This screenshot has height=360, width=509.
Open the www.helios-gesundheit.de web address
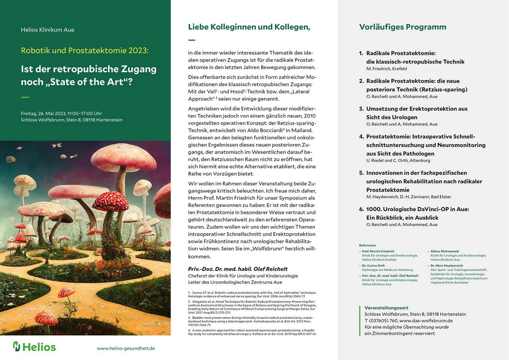click(126, 348)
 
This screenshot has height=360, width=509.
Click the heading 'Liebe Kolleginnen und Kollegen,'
click(249, 27)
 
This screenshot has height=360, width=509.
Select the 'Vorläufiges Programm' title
click(402, 27)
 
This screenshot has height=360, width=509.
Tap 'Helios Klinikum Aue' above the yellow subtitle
click(48, 30)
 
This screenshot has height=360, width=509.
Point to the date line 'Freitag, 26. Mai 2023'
click(61, 114)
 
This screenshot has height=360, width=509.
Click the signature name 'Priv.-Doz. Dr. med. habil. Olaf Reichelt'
click(238, 269)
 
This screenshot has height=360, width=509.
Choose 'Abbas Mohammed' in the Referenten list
click(445, 252)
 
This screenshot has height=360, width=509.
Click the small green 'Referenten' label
click(367, 245)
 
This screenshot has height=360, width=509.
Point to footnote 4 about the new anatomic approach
click(252, 332)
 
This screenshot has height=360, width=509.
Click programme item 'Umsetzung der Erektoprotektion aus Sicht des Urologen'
click(417, 113)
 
